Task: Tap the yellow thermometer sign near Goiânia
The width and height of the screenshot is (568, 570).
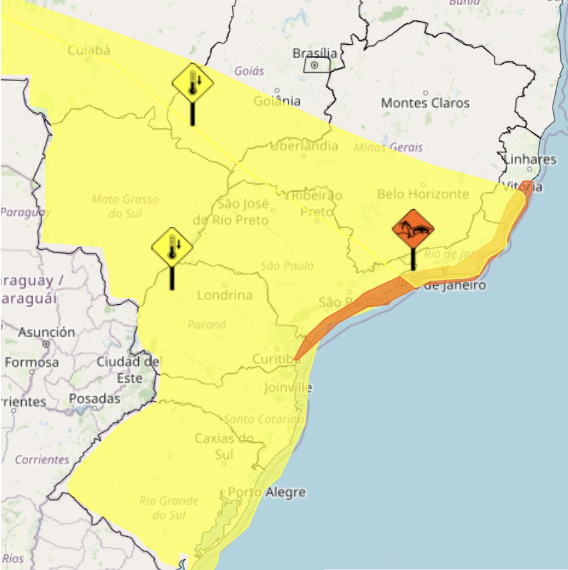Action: click(x=193, y=83)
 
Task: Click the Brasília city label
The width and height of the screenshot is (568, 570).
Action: click(x=314, y=52)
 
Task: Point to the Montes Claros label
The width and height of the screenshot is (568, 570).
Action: click(x=425, y=103)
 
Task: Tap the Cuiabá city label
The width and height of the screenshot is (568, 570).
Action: click(x=89, y=50)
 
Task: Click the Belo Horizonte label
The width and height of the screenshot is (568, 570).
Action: click(x=423, y=194)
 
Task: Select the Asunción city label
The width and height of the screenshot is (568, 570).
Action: click(x=46, y=332)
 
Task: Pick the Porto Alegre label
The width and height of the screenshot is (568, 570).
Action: click(x=267, y=493)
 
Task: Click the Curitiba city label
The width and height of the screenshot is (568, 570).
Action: click(x=276, y=358)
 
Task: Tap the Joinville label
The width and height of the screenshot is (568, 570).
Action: click(x=288, y=388)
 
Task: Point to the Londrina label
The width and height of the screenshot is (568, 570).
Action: click(x=225, y=295)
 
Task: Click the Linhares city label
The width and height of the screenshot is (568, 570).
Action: click(x=530, y=159)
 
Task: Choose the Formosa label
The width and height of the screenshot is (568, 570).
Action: click(x=32, y=362)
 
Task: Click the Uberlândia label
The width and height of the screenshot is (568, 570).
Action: click(x=303, y=146)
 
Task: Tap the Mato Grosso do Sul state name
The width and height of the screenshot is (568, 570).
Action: click(x=125, y=206)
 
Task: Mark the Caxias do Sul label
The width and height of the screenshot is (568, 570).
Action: click(x=224, y=445)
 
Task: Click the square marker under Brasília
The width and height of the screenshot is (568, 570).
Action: click(x=314, y=65)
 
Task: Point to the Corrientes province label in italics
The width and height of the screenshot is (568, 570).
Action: click(x=42, y=459)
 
